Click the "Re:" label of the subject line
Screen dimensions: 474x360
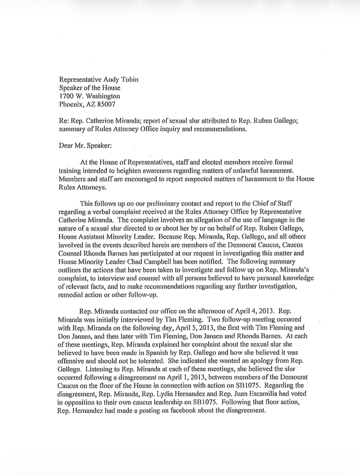click(x=65, y=122)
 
